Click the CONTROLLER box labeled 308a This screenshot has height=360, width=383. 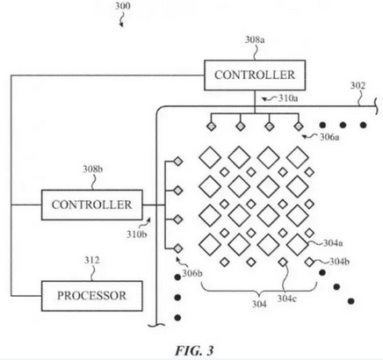(x=255, y=76)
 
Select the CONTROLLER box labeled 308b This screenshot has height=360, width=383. (x=92, y=205)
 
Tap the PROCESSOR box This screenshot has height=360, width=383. (x=92, y=296)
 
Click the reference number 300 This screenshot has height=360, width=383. (x=122, y=6)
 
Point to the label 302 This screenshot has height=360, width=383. (x=358, y=86)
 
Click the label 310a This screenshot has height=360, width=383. (x=288, y=98)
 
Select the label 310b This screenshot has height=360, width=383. (x=136, y=234)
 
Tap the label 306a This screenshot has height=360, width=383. (x=329, y=137)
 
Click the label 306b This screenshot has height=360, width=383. (x=192, y=273)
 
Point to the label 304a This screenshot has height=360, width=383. (x=333, y=243)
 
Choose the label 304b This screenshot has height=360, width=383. (x=340, y=262)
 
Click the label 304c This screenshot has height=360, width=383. (x=287, y=299)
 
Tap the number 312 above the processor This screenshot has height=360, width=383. (x=92, y=260)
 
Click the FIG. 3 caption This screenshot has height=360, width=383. (x=194, y=350)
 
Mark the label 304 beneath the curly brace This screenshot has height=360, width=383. (x=259, y=304)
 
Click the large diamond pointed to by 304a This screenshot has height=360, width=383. (x=298, y=244)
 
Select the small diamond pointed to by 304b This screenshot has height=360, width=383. (x=309, y=263)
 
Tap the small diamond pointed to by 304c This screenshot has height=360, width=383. (x=283, y=263)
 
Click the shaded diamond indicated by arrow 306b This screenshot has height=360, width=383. (x=178, y=248)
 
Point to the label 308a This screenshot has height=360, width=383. (x=255, y=40)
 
